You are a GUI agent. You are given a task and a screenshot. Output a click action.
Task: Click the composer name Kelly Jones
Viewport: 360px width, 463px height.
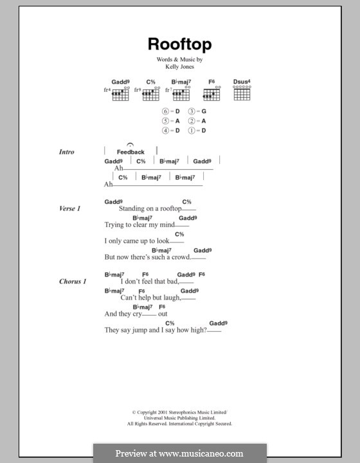point(179,67)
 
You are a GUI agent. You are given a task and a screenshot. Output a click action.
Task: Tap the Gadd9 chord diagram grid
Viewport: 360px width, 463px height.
point(120,94)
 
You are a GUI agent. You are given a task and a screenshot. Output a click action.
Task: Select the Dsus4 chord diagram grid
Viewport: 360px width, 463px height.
point(241,94)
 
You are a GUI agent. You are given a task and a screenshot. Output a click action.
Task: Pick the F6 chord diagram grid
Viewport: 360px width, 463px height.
point(211,94)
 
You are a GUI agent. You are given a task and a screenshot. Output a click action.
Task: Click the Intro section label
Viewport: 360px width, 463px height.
point(66,152)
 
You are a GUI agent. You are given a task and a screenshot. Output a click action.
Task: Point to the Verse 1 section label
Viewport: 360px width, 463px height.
point(69,209)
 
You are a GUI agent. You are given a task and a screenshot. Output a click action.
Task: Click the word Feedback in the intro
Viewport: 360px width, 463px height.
point(130,152)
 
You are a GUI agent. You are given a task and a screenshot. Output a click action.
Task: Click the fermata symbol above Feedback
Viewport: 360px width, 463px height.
point(130,145)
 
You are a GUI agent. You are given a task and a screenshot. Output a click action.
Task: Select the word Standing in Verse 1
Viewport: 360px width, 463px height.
point(133,209)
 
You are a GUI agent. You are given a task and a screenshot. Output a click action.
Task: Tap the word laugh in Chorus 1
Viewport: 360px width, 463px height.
point(170,298)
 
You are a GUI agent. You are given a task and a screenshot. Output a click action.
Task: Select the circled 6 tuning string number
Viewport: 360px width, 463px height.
point(166,111)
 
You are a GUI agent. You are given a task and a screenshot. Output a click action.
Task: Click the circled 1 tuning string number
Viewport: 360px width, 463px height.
point(192,131)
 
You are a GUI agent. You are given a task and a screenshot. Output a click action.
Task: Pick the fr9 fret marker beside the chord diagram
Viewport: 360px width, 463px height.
point(137,91)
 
